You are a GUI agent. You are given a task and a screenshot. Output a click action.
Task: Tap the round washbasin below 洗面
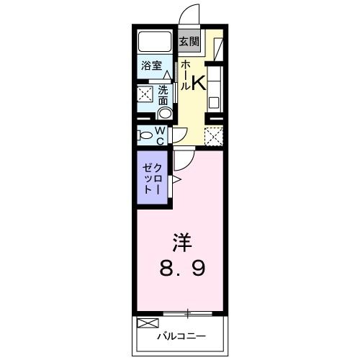point(165,112)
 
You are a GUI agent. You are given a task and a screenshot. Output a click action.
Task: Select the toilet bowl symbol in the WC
point(145,135)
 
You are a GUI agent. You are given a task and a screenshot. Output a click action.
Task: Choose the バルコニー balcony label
point(182,336)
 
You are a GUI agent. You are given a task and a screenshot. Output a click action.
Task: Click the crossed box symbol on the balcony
point(146,323)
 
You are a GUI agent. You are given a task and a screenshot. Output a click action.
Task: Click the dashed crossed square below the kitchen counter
point(214,136)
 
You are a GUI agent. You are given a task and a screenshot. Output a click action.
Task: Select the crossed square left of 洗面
point(145,94)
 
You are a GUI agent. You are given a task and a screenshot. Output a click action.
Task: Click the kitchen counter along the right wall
point(216,86)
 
